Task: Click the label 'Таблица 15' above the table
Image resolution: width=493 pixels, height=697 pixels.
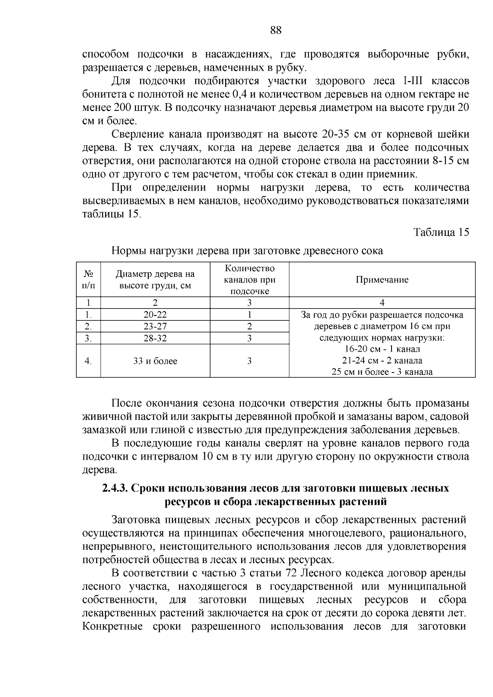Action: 441,232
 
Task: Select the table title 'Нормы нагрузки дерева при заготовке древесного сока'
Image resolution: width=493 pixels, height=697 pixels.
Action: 247,251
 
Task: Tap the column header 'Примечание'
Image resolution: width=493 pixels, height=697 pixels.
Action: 382,280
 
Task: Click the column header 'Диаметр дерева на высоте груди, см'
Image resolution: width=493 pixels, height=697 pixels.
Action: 155,280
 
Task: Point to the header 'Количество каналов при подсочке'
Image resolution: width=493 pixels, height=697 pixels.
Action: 249,280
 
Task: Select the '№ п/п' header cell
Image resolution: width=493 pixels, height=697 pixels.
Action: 88,280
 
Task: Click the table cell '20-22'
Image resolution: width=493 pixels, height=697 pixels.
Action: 155,315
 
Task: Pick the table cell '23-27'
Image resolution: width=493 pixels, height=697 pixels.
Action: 155,327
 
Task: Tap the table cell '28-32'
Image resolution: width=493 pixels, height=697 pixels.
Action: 155,338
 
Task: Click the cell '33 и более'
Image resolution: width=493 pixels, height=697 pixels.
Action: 155,361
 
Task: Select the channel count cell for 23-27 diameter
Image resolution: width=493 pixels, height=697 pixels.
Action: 249,327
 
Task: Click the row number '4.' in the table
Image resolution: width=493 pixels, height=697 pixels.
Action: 88,361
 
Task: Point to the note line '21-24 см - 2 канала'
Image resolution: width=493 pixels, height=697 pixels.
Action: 382,361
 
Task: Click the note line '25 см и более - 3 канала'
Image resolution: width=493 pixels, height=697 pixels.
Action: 382,372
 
